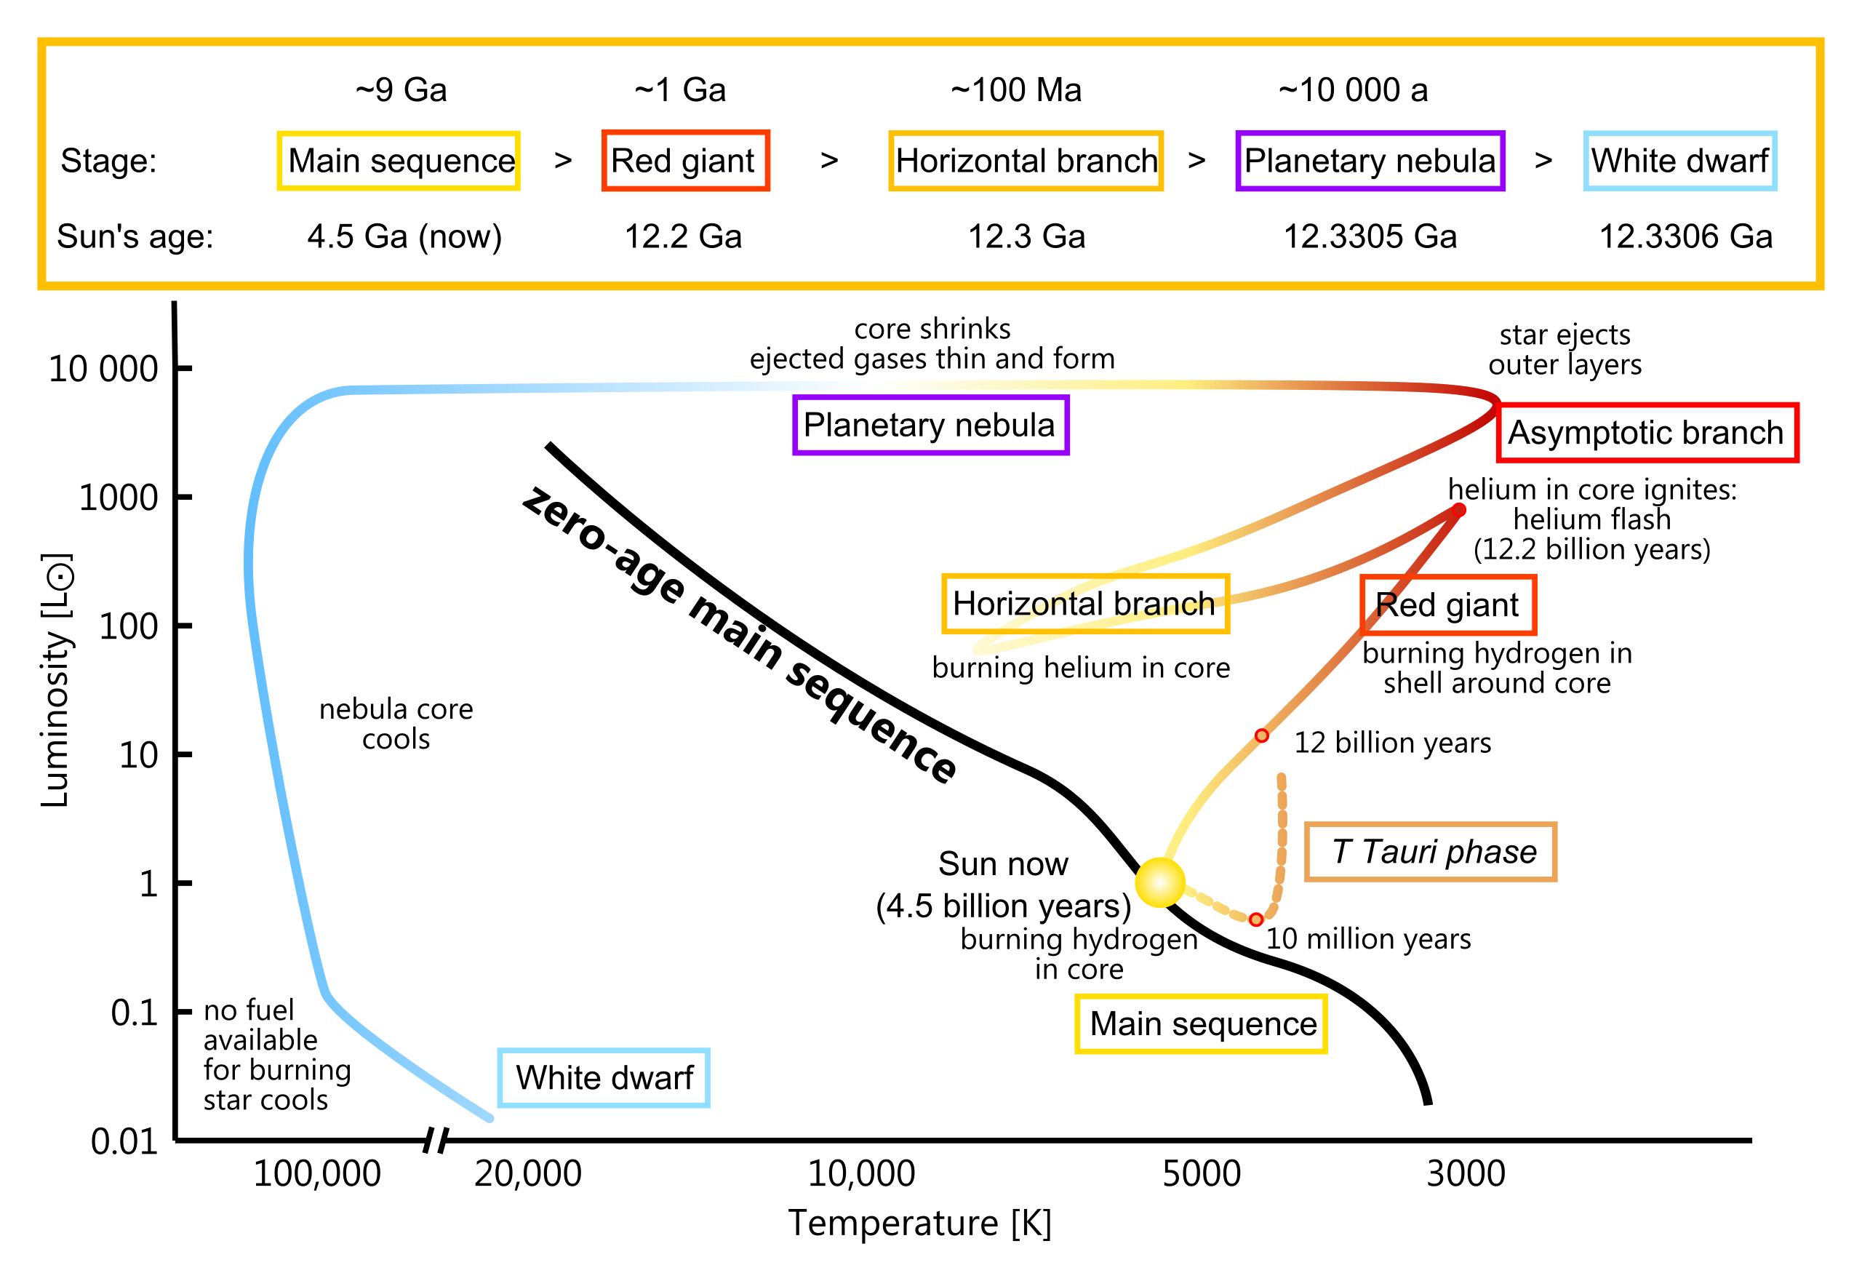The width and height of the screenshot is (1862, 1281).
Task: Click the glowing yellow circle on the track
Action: coord(1159,883)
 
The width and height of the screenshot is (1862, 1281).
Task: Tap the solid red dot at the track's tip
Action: coord(1459,510)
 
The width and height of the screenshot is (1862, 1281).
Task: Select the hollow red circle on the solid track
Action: coord(1262,736)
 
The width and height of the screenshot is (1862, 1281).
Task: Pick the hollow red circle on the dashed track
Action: coord(1256,919)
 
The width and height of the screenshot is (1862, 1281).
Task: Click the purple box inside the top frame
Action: coord(1370,161)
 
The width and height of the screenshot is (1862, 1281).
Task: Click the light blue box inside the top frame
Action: coord(1680,161)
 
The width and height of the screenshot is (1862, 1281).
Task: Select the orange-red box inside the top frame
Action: coord(685,161)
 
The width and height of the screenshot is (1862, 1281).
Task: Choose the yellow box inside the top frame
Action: coord(398,161)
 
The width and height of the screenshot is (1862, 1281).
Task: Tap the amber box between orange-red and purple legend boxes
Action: coord(1026,161)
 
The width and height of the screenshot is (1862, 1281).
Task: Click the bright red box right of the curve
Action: coord(1647,433)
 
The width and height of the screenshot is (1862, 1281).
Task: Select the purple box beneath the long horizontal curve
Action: coord(931,425)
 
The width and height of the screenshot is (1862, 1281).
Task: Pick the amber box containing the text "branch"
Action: coord(1085,603)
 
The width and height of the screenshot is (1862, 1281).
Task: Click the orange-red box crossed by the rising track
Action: coord(1449,605)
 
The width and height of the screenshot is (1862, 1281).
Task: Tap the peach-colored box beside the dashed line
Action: coord(1430,852)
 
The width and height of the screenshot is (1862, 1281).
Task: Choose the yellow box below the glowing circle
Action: coord(1201,1023)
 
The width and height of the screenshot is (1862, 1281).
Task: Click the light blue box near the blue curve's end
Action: coord(604,1078)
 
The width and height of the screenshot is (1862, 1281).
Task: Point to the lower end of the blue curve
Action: coord(490,1119)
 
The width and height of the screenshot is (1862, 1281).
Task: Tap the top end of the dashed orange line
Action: coord(1281,777)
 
